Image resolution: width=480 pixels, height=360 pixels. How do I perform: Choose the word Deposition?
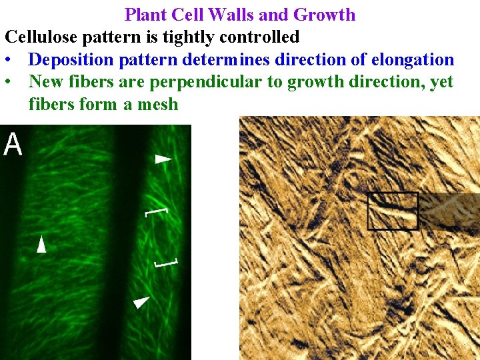(x=71, y=59)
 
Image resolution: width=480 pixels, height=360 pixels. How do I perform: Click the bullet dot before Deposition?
(x=7, y=59)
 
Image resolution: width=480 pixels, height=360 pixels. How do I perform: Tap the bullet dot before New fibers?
(x=7, y=82)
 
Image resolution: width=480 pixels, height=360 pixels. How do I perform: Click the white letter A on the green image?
(x=13, y=143)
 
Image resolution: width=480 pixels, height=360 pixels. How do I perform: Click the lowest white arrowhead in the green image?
(x=141, y=302)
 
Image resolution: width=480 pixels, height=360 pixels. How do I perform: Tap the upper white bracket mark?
(x=150, y=212)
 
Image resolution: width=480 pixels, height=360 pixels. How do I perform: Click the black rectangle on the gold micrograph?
(x=393, y=211)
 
